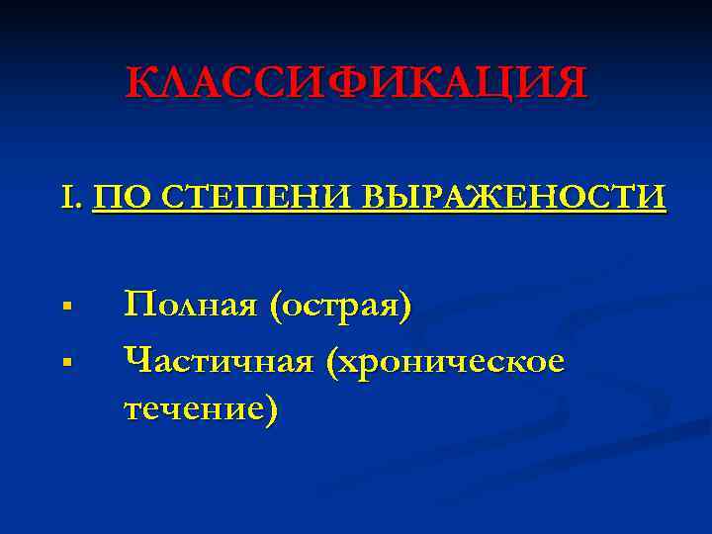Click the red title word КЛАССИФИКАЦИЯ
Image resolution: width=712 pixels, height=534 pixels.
[356, 84]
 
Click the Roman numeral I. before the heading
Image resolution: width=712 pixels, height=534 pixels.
[71, 198]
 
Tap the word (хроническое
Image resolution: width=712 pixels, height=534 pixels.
[452, 361]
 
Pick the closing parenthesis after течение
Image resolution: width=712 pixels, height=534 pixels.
[271, 406]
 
